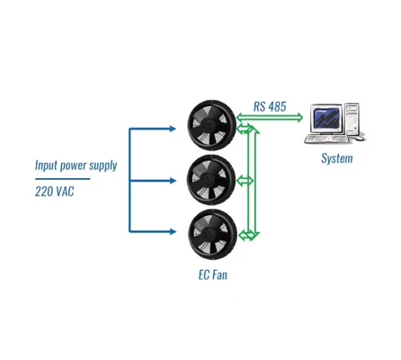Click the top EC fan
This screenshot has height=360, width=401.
pyautogui.click(x=212, y=125)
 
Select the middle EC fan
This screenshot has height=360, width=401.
pyautogui.click(x=211, y=180)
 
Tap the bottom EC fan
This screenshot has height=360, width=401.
pyautogui.click(x=212, y=234)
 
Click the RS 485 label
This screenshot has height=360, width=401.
pyautogui.click(x=270, y=106)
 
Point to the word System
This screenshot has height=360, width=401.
pyautogui.click(x=337, y=158)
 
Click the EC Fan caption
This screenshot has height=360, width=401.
pyautogui.click(x=213, y=274)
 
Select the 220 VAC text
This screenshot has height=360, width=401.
pyautogui.click(x=54, y=191)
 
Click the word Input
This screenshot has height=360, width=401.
pyautogui.click(x=46, y=166)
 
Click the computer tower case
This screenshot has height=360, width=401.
pyautogui.click(x=352, y=119)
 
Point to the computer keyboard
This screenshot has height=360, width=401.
pyautogui.click(x=327, y=139)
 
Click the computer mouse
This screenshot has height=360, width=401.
pyautogui.click(x=360, y=139)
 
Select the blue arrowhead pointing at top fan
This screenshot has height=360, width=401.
pyautogui.click(x=173, y=129)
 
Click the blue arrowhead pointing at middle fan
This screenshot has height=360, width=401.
pyautogui.click(x=173, y=181)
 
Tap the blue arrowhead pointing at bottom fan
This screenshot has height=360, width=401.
pyautogui.click(x=173, y=231)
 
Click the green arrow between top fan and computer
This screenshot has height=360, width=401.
pyautogui.click(x=270, y=118)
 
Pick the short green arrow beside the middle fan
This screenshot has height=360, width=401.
pyautogui.click(x=245, y=181)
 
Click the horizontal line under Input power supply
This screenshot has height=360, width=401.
pyautogui.click(x=62, y=179)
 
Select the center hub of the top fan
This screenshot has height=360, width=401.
pyautogui.click(x=208, y=124)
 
